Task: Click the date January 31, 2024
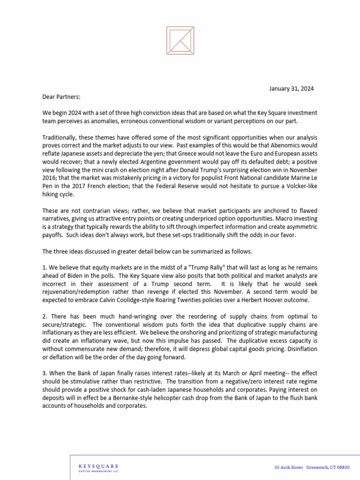tap(291, 88)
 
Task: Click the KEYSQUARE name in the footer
tap(98, 466)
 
